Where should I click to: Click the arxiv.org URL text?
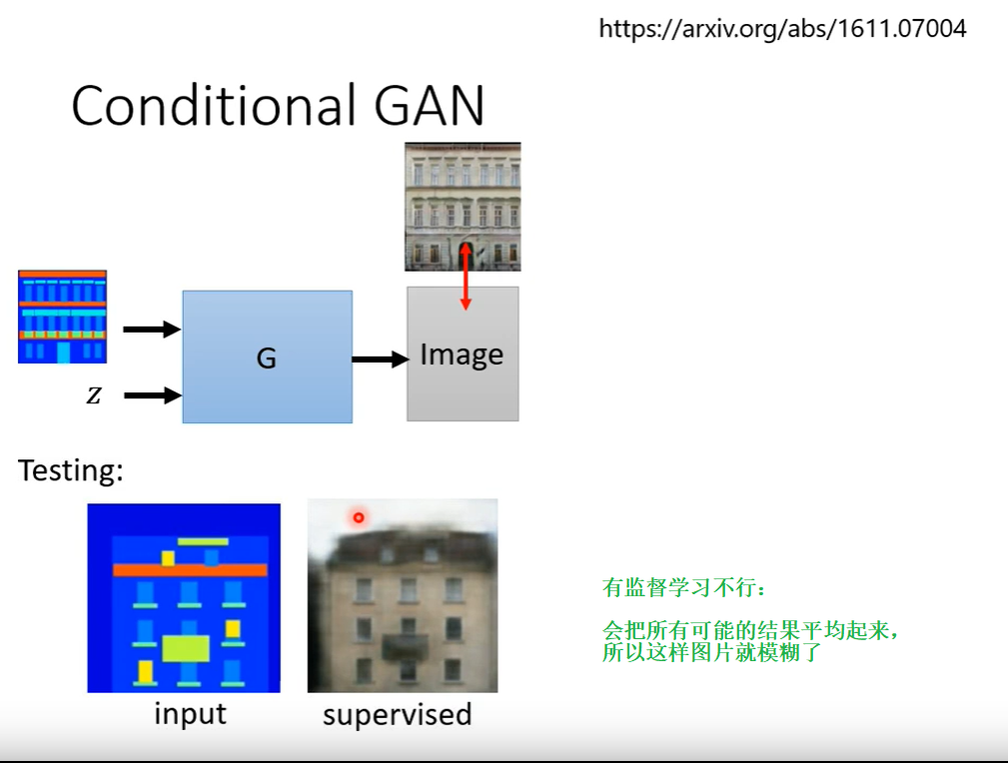click(782, 29)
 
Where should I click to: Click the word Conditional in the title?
click(214, 105)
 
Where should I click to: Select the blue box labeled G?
click(267, 357)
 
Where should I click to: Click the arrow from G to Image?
click(380, 359)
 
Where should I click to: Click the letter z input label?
click(93, 395)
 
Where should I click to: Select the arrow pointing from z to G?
click(152, 395)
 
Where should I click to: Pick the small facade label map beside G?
click(62, 316)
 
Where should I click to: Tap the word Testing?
click(70, 470)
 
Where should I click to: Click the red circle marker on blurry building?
click(358, 516)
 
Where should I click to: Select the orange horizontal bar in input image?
click(190, 570)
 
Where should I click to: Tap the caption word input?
click(190, 714)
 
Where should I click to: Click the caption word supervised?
click(397, 715)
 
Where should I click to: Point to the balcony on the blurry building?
click(405, 645)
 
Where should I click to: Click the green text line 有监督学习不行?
click(673, 588)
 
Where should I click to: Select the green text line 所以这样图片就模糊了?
click(710, 654)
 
